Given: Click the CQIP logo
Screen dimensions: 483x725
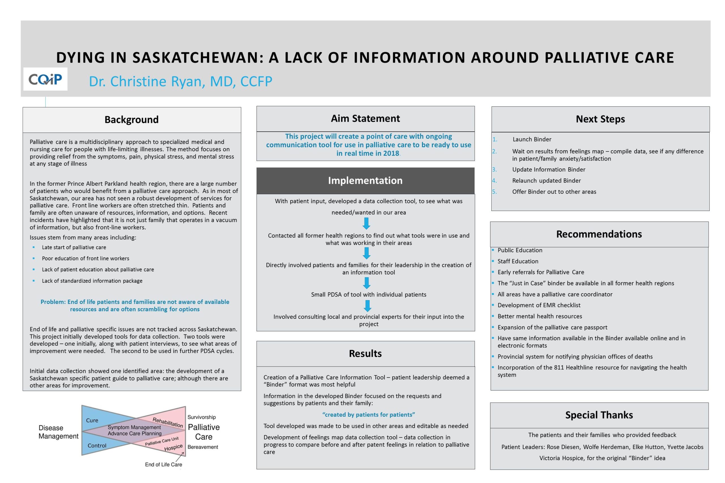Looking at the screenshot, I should click(45, 79).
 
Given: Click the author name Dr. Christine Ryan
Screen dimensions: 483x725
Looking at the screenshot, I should click(180, 81).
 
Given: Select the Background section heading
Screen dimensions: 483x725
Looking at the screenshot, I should click(132, 119).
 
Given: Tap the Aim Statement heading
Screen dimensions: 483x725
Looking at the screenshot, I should click(365, 119).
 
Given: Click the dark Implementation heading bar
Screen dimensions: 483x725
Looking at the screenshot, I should click(365, 181).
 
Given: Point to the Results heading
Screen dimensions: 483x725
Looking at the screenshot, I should click(365, 353).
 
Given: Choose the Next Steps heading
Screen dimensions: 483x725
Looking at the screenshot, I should click(600, 119).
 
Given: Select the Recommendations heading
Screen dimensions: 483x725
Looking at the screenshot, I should click(599, 234).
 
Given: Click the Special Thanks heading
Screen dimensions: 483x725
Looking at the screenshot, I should click(599, 415).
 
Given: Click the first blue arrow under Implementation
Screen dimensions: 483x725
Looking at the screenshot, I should click(366, 223).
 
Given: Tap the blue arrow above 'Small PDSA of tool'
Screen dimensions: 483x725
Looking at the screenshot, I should click(367, 283).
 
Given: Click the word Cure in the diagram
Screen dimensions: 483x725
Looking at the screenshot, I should click(92, 420).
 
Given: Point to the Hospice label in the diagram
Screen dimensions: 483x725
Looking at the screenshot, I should click(173, 447).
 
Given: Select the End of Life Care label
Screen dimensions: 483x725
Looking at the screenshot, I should click(163, 465).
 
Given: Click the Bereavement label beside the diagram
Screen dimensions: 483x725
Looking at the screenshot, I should click(202, 447).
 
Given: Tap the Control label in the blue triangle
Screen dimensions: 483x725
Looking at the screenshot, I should click(97, 445).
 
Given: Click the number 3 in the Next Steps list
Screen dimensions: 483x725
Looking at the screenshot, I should click(494, 169).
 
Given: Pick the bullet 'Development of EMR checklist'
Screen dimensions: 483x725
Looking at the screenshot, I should click(539, 305).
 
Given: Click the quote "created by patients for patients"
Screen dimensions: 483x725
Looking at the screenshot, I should click(368, 414).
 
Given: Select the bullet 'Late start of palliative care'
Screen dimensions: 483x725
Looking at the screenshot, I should click(74, 247).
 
